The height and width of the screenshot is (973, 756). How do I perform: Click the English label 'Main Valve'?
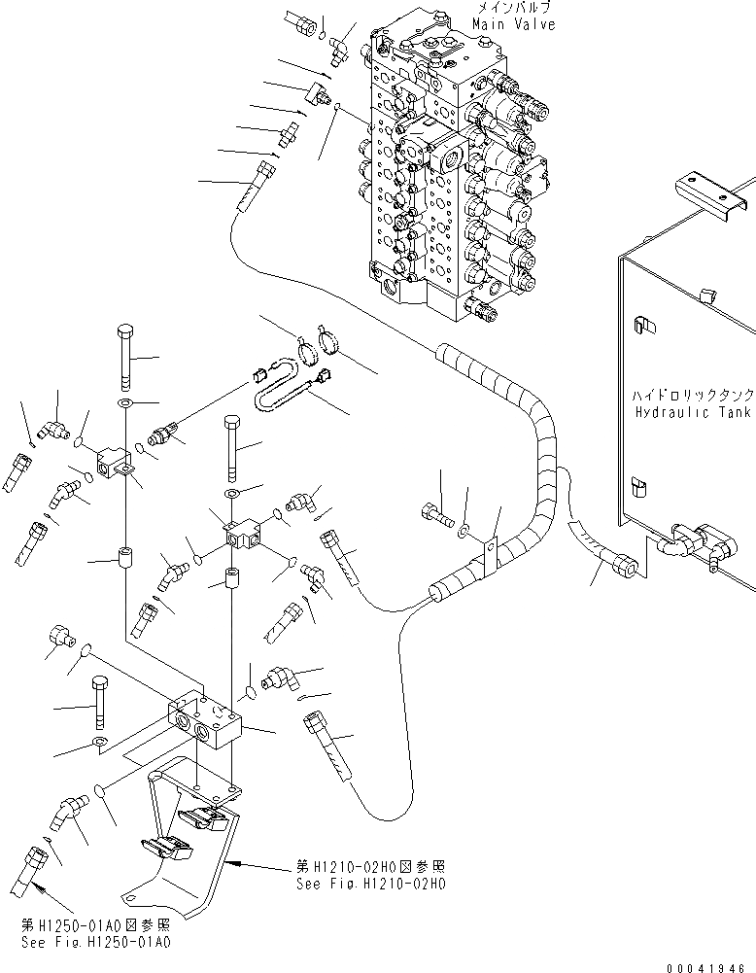click(x=514, y=24)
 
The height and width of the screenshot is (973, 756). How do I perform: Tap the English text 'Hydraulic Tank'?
click(x=692, y=413)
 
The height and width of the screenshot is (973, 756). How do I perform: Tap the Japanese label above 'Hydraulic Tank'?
click(x=691, y=397)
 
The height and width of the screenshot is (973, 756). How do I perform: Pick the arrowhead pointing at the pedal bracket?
click(x=239, y=862)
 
